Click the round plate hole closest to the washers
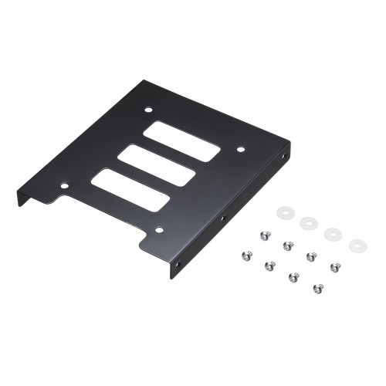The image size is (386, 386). click(241, 148)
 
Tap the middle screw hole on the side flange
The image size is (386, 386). click(222, 220)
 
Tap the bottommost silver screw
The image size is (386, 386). click(317, 289)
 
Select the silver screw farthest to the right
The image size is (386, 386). click(336, 267)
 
